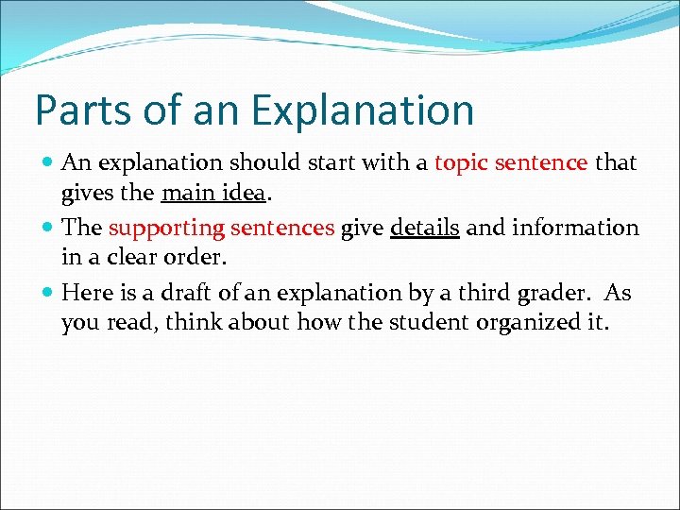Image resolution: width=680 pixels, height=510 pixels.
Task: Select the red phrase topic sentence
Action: click(x=510, y=163)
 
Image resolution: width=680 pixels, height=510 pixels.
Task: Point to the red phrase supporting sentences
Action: click(x=221, y=228)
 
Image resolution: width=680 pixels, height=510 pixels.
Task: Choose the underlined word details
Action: click(x=424, y=228)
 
